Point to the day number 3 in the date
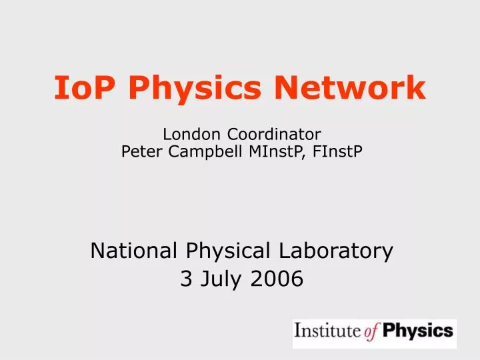185,281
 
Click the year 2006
276,281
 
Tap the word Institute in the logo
324,331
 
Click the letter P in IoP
101,89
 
